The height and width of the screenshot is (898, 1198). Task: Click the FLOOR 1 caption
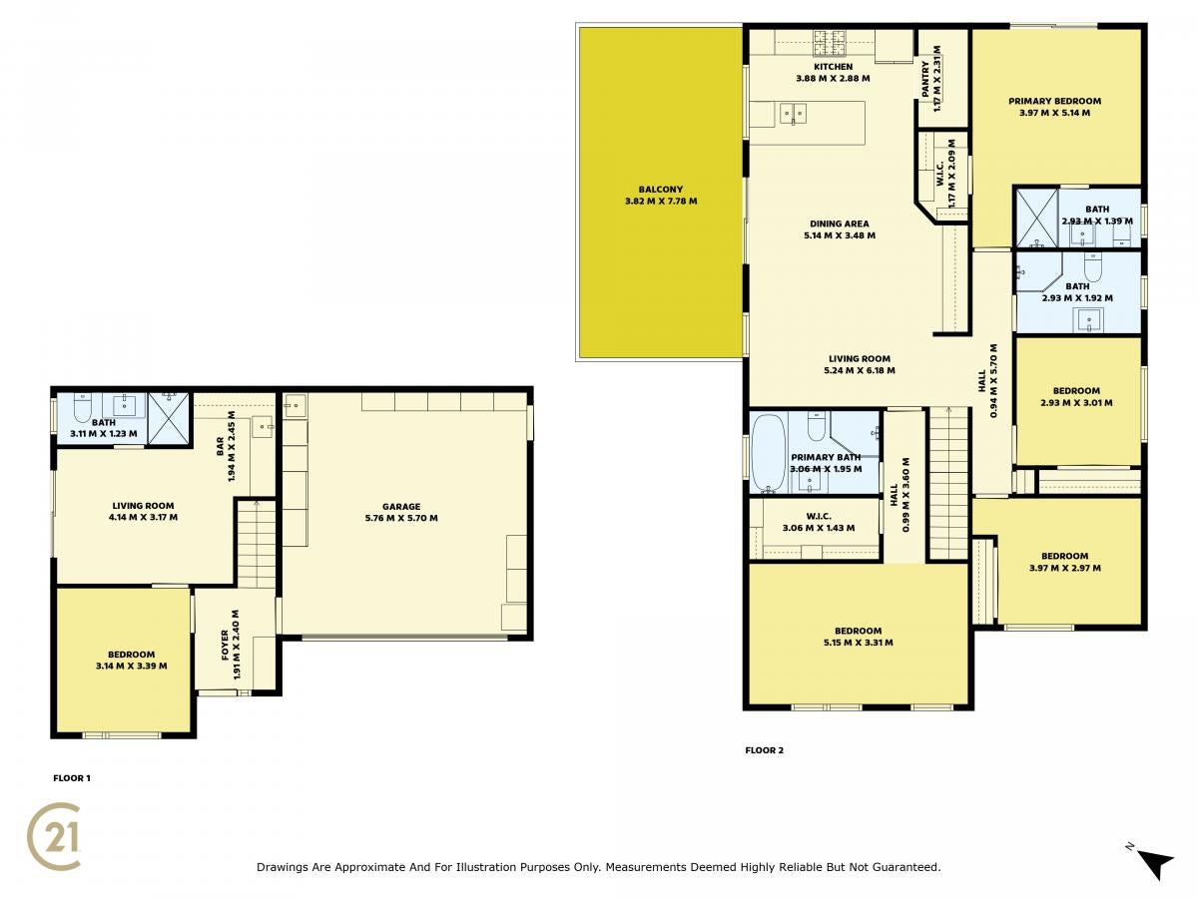pos(72,778)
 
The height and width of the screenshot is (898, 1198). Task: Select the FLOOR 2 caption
pos(764,750)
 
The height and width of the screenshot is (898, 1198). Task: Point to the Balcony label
pos(661,196)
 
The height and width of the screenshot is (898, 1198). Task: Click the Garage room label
pos(401,512)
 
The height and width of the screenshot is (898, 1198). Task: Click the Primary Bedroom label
pos(1054,107)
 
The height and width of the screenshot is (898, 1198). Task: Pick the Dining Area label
pos(840,229)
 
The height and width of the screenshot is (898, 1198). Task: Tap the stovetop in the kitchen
pos(829,43)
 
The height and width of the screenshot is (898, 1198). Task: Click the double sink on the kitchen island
pos(793,115)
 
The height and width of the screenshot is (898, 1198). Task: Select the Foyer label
pos(231,645)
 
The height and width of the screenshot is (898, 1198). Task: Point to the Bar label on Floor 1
pos(226,446)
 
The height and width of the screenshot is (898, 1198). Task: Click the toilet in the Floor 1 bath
pos(83,408)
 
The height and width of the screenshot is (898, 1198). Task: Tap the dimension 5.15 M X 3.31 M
pos(858,643)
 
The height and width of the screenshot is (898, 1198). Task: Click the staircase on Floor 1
pos(256,544)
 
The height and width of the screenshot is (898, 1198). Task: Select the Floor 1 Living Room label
pos(143,512)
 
